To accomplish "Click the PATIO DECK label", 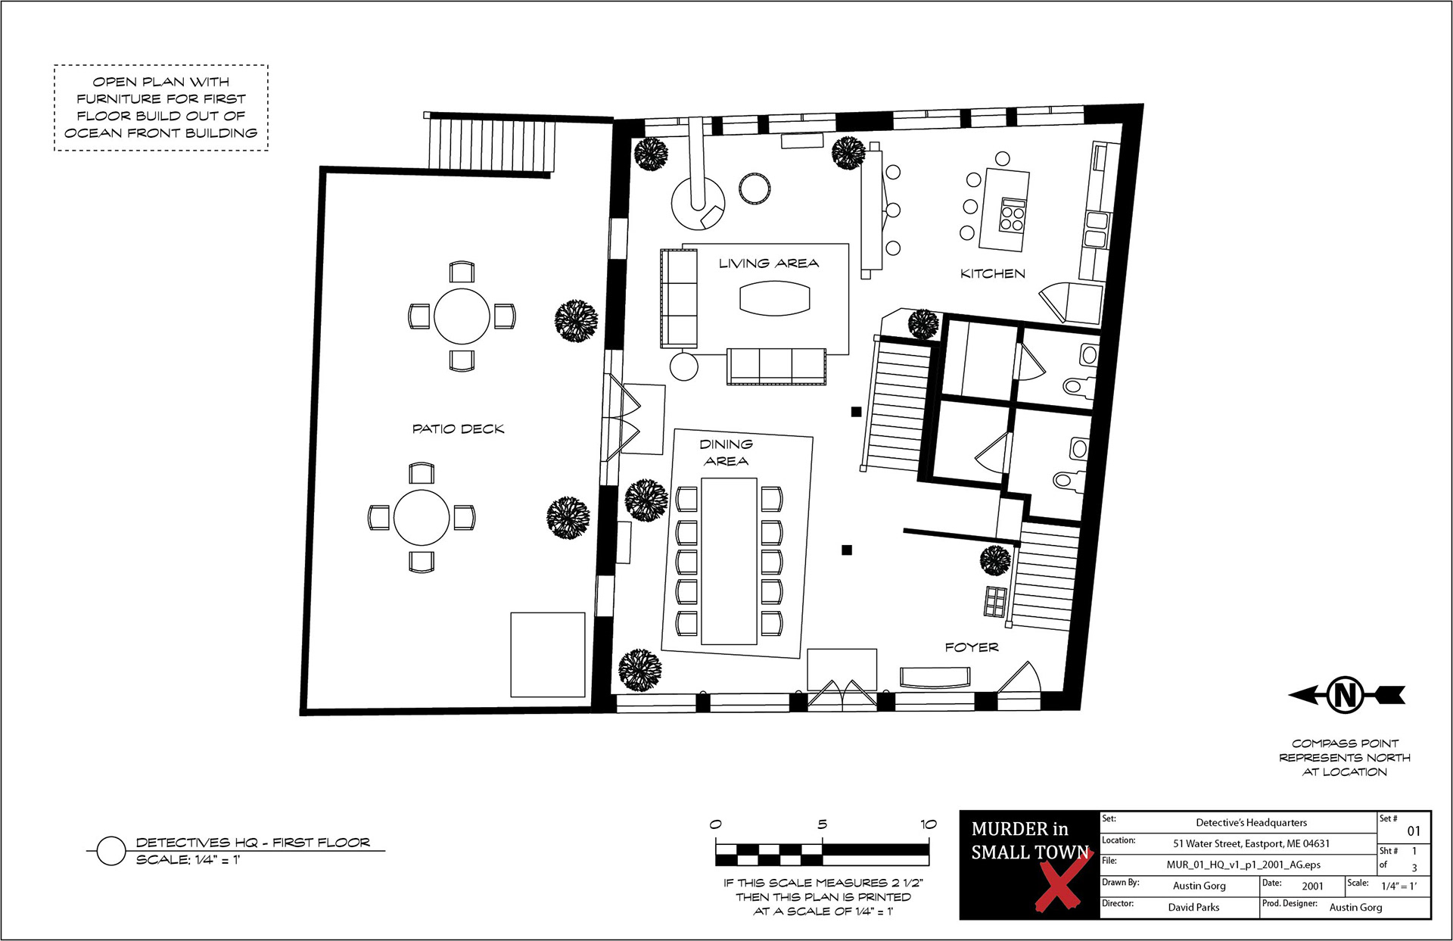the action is click(458, 428).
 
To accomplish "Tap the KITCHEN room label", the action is click(993, 273).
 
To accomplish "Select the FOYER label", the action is click(972, 647).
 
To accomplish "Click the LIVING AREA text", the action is click(769, 263).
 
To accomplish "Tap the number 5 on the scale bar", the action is click(822, 824).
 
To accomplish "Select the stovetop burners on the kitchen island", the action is click(1012, 214).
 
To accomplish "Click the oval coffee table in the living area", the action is click(774, 298).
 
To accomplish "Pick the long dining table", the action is click(730, 561).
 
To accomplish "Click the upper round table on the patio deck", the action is click(462, 316).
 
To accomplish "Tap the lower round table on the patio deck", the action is click(422, 517).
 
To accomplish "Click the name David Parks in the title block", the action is click(1193, 907).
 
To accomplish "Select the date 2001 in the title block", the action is click(1313, 886).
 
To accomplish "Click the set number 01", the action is click(1414, 831).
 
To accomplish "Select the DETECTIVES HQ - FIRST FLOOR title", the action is click(253, 843).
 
